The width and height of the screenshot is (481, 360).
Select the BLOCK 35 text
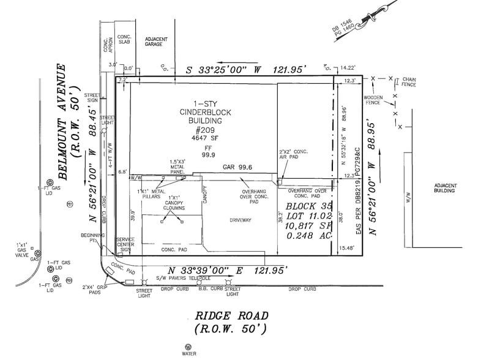tap(304, 206)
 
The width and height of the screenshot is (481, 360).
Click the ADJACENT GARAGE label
tap(156, 42)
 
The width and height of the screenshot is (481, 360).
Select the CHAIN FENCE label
tap(408, 82)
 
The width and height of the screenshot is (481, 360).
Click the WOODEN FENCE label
tap(373, 100)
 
